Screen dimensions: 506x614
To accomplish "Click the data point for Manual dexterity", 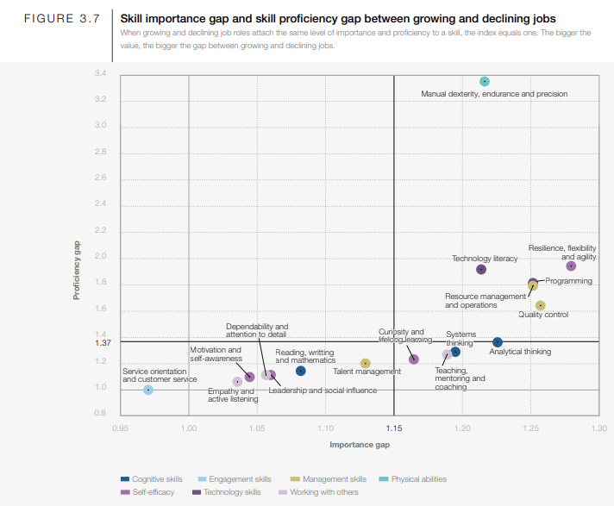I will click(485, 82).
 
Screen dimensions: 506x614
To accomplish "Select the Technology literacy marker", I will click(481, 270).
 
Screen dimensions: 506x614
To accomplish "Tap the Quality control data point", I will click(541, 305).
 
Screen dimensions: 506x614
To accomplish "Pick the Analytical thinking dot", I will click(498, 343).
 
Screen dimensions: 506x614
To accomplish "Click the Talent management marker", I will click(366, 364).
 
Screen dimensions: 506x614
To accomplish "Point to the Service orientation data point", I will click(148, 390).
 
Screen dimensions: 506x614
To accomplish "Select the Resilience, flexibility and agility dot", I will click(571, 266).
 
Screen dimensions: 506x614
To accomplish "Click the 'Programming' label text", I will click(568, 281).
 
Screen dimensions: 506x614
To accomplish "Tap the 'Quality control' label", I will click(543, 315).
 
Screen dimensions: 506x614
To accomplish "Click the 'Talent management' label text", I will click(367, 372).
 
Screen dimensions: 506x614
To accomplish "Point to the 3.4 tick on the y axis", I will click(101, 74).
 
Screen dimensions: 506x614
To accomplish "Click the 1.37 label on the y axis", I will click(100, 342).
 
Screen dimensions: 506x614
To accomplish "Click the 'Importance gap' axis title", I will click(360, 445).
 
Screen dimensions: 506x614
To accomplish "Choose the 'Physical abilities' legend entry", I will click(418, 479).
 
